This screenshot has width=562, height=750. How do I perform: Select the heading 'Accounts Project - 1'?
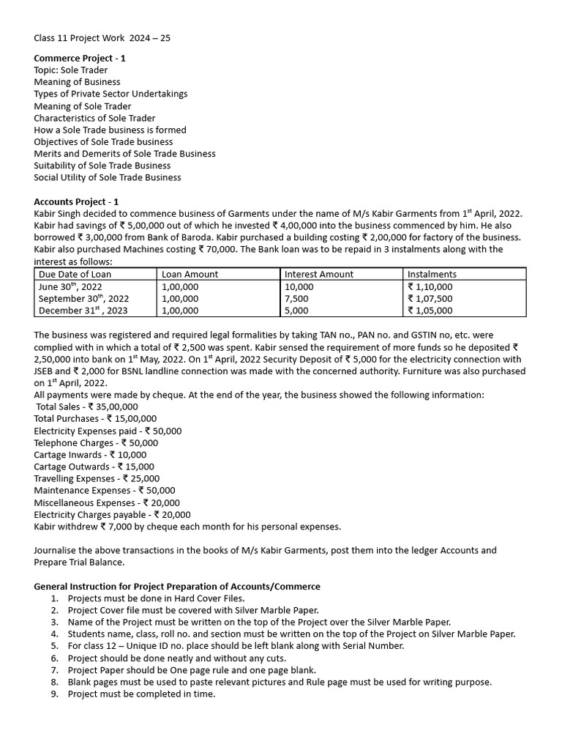pos(76,201)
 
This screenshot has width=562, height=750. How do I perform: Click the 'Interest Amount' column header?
pos(319,274)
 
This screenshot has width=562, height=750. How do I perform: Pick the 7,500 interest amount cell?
pos(296,299)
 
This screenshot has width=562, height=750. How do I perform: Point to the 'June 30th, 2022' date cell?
pos(70,287)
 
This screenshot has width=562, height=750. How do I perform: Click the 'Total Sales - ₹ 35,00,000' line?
pos(86,406)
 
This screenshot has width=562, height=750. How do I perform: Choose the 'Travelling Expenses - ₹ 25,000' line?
pos(97,478)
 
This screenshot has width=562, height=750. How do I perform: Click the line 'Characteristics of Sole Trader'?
pos(94,118)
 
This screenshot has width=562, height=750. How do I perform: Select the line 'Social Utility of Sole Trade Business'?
pos(108,177)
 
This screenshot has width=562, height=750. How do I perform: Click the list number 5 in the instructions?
pos(54,646)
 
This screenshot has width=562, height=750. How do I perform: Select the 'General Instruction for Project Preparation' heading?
pos(177,586)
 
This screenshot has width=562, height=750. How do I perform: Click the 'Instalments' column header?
pos(432,274)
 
